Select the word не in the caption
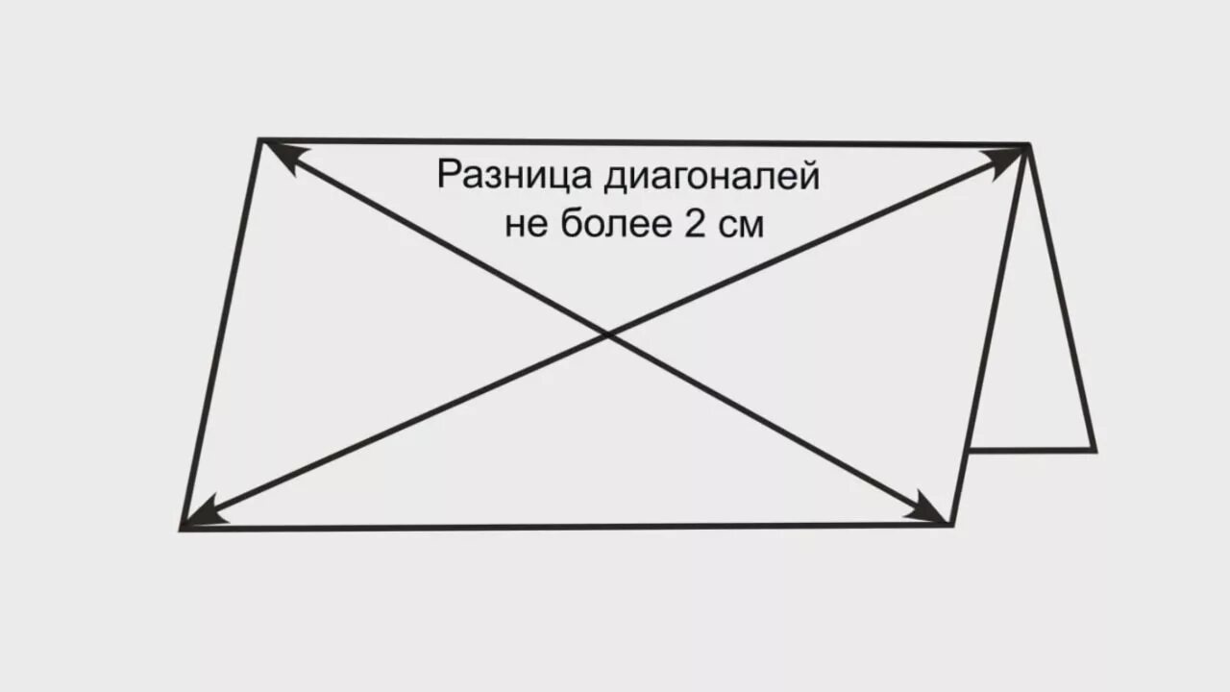pos(526,224)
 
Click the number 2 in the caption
pos(694,223)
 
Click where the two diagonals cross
pos(607,334)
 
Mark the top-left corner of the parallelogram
pos(260,141)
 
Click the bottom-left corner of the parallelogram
pos(182,528)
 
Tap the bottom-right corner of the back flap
pos(1094,449)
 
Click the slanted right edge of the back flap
pos(1062,298)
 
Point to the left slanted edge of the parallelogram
pos(221,334)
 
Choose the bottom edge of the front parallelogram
pos(567,527)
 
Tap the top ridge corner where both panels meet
pos(1028,145)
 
